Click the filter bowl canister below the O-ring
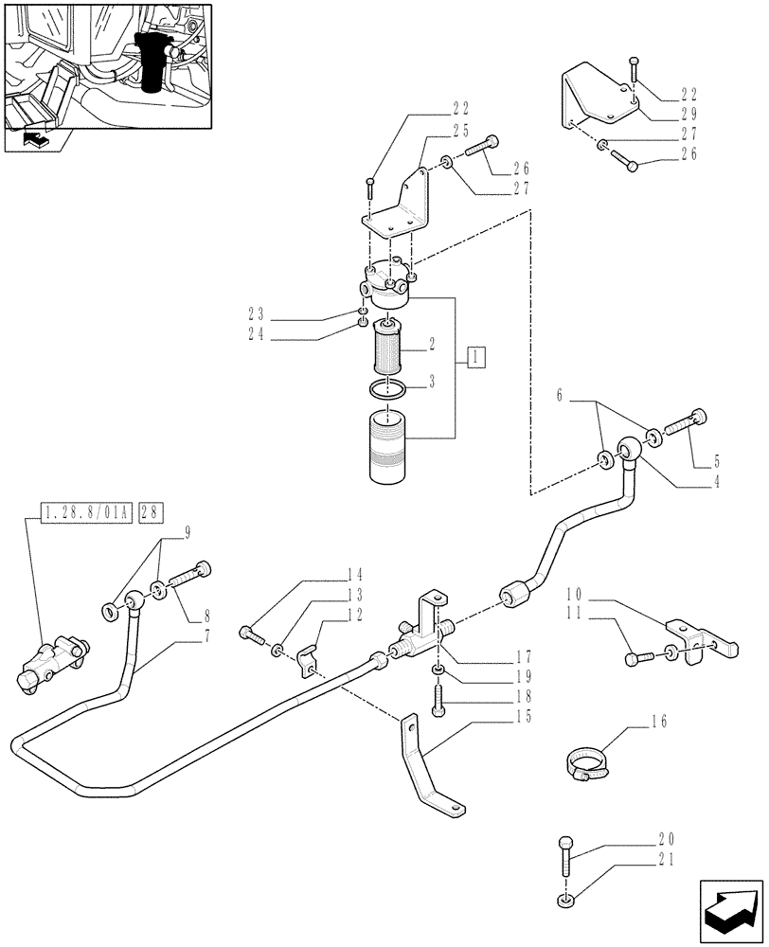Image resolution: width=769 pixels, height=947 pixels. tap(387, 446)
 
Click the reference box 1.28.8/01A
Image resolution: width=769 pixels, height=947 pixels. tap(88, 513)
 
